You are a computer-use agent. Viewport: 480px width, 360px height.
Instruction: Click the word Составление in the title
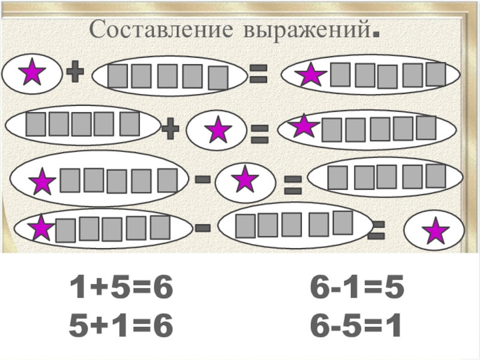click(163, 29)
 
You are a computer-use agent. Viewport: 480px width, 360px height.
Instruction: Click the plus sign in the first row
click(74, 74)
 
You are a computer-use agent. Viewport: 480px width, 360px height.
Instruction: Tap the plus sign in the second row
click(171, 128)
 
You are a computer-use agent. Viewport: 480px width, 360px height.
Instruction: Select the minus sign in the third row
click(203, 179)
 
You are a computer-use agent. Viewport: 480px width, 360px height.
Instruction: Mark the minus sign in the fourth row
click(203, 227)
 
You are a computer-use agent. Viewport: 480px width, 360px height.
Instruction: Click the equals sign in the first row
click(259, 74)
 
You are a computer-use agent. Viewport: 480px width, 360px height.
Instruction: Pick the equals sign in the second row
click(259, 133)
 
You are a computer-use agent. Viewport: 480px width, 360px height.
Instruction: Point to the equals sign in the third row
click(292, 184)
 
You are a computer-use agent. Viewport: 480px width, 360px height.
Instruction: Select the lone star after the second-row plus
click(218, 130)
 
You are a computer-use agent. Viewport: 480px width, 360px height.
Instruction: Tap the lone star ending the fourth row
click(435, 232)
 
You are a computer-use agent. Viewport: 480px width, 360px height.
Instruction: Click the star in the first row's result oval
click(311, 74)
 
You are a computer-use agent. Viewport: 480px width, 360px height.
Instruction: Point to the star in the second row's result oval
click(304, 126)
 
